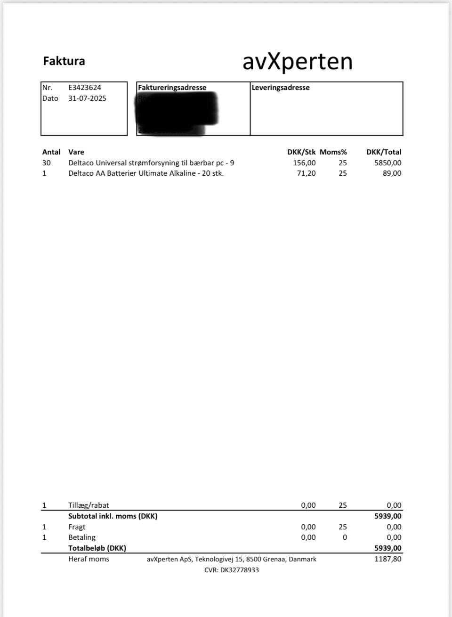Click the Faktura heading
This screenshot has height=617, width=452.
click(64, 61)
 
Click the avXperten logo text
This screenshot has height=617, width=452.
click(297, 62)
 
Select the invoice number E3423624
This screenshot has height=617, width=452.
click(85, 88)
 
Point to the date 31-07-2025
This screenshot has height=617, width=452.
click(87, 98)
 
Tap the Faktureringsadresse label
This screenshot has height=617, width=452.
click(172, 88)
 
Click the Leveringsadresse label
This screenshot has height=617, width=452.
click(281, 88)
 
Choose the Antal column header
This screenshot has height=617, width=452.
click(51, 152)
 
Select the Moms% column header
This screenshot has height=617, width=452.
click(333, 152)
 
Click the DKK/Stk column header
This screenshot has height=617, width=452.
click(301, 152)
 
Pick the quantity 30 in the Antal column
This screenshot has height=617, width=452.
click(47, 163)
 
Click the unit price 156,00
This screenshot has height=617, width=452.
click(304, 163)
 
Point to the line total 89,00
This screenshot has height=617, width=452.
click(392, 173)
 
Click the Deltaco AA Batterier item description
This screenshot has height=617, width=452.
click(146, 173)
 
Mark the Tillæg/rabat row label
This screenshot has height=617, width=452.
click(89, 505)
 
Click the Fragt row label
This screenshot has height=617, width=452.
click(77, 527)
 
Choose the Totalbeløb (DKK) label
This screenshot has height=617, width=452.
click(97, 548)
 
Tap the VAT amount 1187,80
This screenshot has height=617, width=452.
click(388, 559)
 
